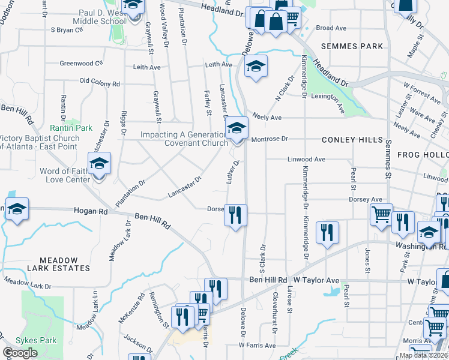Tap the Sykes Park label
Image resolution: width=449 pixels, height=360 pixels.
tap(36, 340)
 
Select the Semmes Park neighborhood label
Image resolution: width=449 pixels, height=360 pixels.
tap(352, 46)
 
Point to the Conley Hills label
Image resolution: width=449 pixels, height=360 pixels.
tap(352, 139)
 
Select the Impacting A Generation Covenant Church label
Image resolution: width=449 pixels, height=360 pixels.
tap(184, 139)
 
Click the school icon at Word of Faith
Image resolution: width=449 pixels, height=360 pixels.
tap(100, 163)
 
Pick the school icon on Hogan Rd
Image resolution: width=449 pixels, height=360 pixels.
tap(17, 209)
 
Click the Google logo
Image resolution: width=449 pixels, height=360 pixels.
tap(20, 353)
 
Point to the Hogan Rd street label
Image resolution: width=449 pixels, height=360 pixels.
tap(90, 211)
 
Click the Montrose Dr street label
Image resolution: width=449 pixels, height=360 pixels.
tap(270, 139)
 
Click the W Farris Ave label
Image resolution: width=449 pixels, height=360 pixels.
tap(257, 345)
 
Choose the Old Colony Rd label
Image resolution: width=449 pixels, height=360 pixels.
tap(100, 82)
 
